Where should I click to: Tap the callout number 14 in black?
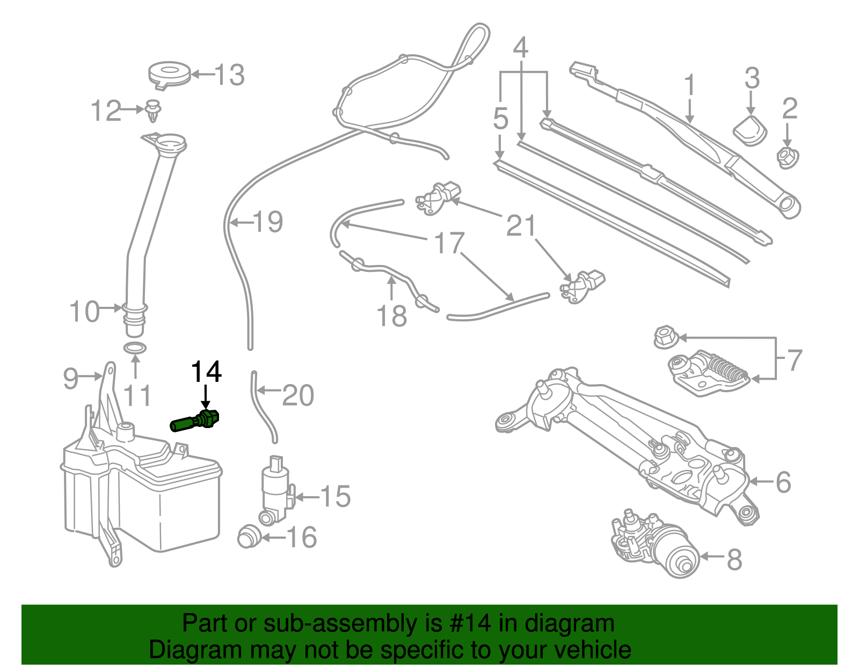pos(206,372)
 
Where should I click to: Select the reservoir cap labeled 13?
pos(169,73)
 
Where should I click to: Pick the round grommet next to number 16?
pos(249,535)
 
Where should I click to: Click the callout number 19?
pos(268,222)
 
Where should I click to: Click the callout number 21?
pos(521,226)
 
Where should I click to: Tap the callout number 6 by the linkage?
pos(783,482)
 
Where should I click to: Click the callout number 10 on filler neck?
pos(85,312)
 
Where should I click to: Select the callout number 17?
pos(449,243)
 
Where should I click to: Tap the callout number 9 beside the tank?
pos(71,378)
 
